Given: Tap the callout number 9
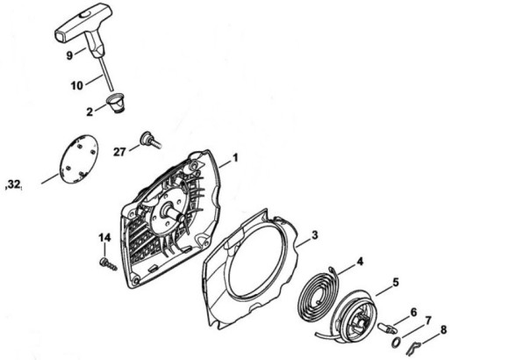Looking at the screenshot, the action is point(69,55).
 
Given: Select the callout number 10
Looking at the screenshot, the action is point(77,86).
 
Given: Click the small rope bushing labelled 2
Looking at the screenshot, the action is point(116,103).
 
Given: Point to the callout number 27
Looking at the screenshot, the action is point(119,152).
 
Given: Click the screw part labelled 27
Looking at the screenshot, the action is point(150,140).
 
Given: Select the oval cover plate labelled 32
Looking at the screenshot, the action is point(79,159).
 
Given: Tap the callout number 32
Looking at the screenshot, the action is point(13,184).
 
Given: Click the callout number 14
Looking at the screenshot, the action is point(104,237).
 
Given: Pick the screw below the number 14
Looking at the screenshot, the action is point(108,263).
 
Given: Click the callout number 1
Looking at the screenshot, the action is point(235,158).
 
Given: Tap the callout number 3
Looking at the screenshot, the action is point(314,235).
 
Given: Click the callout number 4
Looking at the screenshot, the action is point(360,262).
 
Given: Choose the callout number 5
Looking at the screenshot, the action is point(396,283).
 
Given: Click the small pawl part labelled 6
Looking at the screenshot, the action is point(387,328).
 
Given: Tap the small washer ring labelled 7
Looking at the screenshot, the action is point(396,342).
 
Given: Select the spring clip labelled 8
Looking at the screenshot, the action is point(413,348).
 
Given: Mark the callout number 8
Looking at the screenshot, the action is point(443,330).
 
